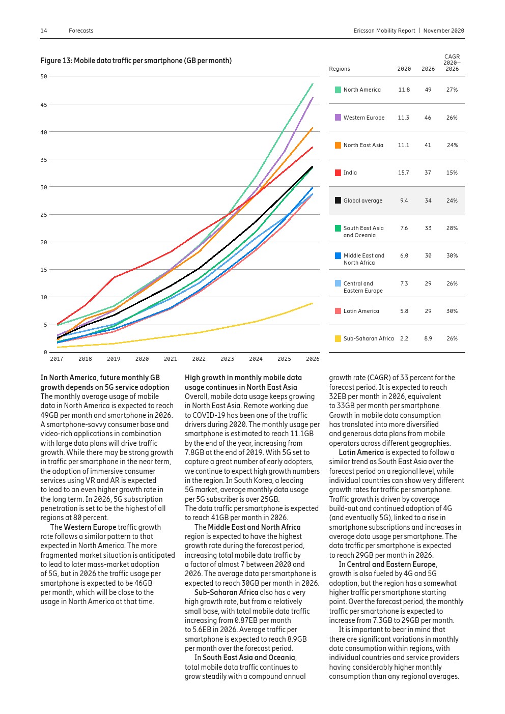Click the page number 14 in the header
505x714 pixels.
[44, 31]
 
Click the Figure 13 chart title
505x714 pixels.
[136, 61]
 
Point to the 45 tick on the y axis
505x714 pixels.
[44, 105]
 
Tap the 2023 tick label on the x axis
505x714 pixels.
[227, 359]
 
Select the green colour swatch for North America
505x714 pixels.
[338, 90]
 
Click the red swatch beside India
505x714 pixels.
[338, 173]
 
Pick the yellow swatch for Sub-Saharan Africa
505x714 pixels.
[338, 338]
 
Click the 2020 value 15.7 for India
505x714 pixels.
[403, 173]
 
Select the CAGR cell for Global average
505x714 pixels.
[452, 201]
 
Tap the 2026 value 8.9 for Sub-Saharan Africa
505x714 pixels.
[428, 338]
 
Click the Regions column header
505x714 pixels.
[340, 69]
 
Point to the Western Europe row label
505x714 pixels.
[363, 118]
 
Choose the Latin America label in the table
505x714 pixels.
[361, 311]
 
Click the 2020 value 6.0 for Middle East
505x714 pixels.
[404, 255]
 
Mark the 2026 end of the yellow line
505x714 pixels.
[312, 303]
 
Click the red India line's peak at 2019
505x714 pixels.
[114, 277]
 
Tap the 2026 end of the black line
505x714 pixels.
[312, 166]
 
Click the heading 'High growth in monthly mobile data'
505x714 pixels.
[243, 378]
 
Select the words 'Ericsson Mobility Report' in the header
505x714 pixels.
[384, 31]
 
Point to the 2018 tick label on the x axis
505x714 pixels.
[85, 359]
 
